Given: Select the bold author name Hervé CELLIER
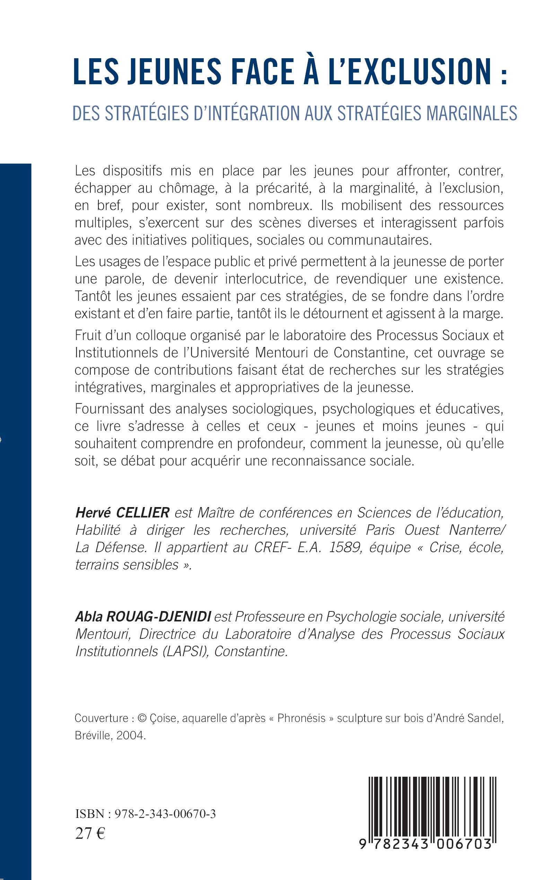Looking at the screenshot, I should coord(122,513).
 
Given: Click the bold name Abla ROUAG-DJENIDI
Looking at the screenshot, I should coord(143,617).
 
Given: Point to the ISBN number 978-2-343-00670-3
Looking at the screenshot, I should coord(165,814).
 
